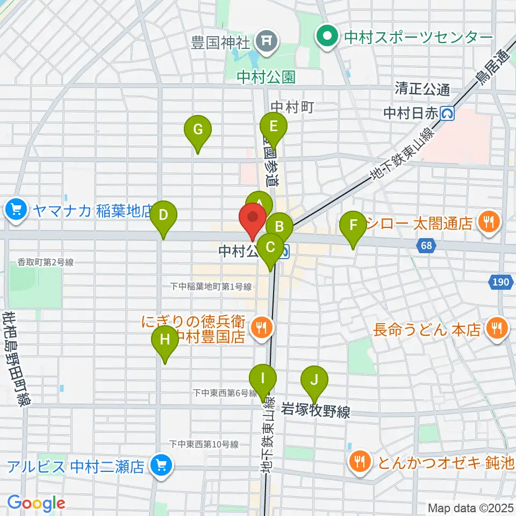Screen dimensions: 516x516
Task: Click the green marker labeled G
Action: click(x=198, y=130)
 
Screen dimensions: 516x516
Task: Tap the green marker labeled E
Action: click(x=273, y=127)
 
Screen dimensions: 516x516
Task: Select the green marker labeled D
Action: click(x=163, y=216)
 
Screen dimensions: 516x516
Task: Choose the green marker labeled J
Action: click(x=314, y=381)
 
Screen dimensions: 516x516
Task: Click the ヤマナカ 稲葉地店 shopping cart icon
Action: click(x=17, y=209)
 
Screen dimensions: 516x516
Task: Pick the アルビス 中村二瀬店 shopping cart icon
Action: click(x=160, y=464)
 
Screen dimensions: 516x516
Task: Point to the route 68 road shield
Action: click(x=427, y=245)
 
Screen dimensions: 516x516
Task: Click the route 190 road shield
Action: click(x=499, y=281)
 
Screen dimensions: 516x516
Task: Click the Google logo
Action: click(x=35, y=504)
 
